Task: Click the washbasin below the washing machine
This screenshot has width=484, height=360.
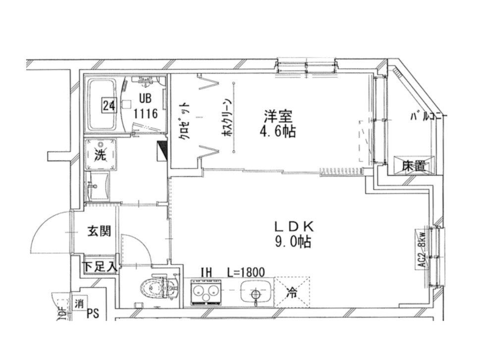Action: point(100,187)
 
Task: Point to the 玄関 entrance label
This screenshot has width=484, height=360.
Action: point(99,231)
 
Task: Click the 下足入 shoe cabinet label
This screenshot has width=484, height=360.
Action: point(99,266)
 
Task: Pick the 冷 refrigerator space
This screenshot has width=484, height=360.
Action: point(292,292)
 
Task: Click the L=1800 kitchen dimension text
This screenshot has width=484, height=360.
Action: point(246,271)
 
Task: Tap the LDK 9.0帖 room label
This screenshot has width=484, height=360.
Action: point(294,235)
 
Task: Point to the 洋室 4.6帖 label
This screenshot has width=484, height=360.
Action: point(278,124)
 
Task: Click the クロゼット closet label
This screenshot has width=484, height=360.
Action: point(184,122)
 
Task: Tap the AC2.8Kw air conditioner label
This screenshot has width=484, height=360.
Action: point(422,251)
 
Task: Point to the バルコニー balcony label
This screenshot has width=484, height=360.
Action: point(427,117)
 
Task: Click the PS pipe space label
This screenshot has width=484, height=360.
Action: point(93,313)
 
